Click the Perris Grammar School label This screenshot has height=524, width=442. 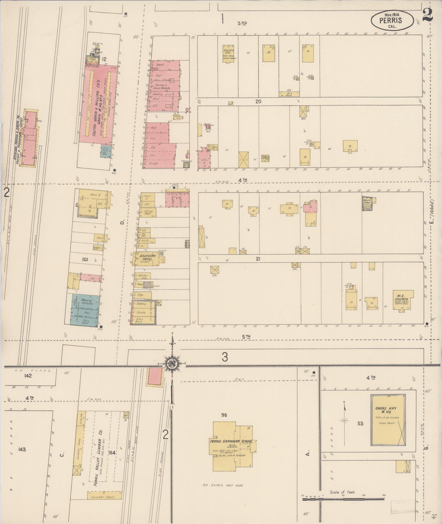click(x=233, y=441)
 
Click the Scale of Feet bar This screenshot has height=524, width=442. click(x=343, y=499)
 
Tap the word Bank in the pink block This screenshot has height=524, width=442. click(x=159, y=65)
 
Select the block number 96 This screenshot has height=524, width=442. click(x=224, y=415)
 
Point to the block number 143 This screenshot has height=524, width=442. click(x=22, y=449)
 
